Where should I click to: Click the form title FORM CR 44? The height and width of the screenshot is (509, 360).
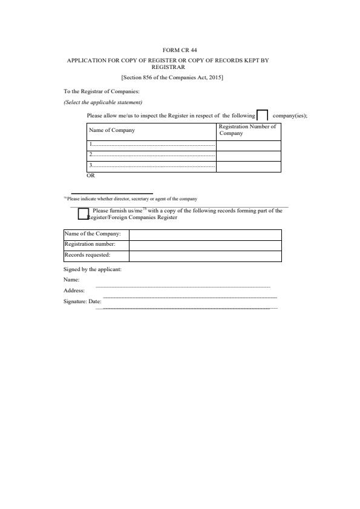[180, 51]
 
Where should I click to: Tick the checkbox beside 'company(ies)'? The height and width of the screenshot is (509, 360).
[263, 116]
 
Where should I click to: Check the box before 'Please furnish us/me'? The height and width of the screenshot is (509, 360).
[83, 214]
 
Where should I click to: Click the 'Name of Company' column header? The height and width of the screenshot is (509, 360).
[112, 130]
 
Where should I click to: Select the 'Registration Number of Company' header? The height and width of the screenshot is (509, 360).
[247, 130]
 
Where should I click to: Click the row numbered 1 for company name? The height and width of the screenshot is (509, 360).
[151, 145]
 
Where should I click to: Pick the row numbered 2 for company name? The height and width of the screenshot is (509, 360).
[151, 156]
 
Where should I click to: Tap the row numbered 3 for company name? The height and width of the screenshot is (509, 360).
[151, 166]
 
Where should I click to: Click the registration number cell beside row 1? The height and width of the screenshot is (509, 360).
[248, 145]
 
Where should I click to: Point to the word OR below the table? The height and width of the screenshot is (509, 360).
[91, 176]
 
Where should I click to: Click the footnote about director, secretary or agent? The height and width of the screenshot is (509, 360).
[131, 199]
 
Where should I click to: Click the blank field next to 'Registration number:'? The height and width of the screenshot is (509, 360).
[205, 245]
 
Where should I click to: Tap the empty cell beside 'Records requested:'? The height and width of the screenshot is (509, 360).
[205, 255]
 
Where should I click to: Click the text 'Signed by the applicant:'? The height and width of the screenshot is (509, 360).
[93, 269]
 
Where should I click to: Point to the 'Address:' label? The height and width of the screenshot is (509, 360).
[74, 291]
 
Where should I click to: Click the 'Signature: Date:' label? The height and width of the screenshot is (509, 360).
[82, 301]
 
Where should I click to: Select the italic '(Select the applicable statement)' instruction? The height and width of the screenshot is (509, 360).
[103, 102]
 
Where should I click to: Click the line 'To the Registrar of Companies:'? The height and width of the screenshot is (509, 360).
[102, 91]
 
